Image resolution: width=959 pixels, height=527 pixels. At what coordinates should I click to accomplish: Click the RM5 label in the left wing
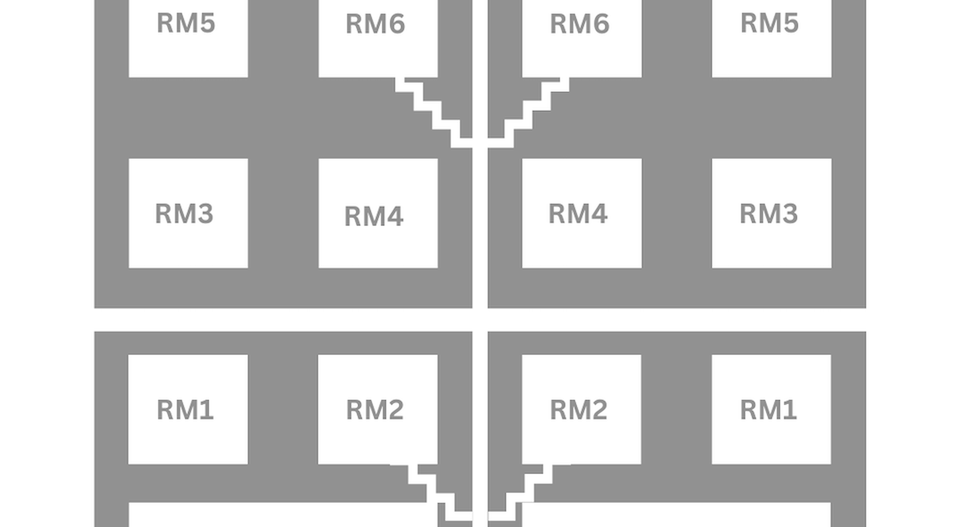point(186,23)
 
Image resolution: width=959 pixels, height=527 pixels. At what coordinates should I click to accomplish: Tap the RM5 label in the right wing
point(770,23)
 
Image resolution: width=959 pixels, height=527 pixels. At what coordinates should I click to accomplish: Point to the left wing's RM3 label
point(184,213)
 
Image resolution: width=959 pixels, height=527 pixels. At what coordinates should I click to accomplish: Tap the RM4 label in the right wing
point(578,213)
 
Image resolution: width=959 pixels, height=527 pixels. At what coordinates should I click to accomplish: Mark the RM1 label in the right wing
point(769,410)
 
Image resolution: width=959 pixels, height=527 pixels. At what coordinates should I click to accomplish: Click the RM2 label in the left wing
point(375,410)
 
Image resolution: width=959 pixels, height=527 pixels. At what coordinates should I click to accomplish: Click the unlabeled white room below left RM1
point(278,515)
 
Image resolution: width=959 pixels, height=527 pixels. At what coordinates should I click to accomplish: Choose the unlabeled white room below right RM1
point(681,515)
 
